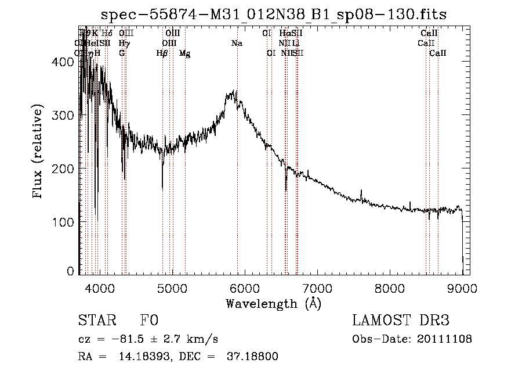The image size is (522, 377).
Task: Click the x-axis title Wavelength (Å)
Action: coord(273,303)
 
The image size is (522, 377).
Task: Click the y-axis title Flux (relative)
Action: coord(38,152)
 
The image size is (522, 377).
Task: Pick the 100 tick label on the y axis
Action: coord(66,222)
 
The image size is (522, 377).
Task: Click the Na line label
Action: coord(237,43)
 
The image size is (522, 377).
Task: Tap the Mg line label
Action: coord(184,53)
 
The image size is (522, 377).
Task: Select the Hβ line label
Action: coord(162,53)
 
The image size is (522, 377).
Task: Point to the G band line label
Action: coord(122,53)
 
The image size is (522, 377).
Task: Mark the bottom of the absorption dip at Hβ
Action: coord(162,189)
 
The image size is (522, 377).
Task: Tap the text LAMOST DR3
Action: coord(401,321)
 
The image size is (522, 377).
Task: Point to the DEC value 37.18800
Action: coord(254,357)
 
